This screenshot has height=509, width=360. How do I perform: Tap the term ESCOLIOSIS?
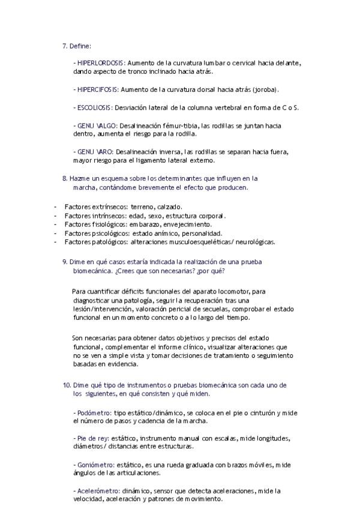coord(95,107)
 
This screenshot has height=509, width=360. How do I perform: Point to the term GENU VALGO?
coord(97,126)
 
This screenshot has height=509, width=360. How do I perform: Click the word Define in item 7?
coord(80,46)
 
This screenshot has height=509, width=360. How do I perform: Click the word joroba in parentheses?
coord(265,89)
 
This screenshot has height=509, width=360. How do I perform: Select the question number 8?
coord(65,178)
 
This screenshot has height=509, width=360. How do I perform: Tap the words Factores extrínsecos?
coord(95,206)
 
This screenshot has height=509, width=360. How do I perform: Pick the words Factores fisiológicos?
coord(95,224)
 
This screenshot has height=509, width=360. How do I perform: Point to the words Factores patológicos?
coord(96,242)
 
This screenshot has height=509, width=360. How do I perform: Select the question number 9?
coord(65,262)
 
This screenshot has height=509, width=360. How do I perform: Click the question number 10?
coord(67,385)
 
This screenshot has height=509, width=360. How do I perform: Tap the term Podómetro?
coord(94,412)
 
